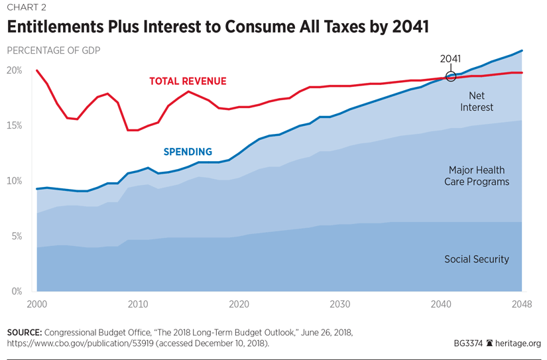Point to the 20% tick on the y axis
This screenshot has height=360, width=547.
click(x=14, y=70)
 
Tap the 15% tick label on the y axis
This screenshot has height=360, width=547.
click(x=14, y=125)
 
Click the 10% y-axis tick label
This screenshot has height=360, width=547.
click(x=14, y=181)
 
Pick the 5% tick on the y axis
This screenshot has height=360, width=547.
click(x=16, y=236)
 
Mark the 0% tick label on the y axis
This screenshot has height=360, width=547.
click(x=16, y=291)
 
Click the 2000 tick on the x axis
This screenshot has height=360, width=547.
click(x=36, y=304)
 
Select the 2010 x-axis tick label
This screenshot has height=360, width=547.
click(x=137, y=304)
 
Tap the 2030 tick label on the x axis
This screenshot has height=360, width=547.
click(x=339, y=304)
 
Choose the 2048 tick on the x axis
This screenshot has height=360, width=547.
click(x=521, y=304)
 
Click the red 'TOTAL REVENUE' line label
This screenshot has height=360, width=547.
click(x=188, y=82)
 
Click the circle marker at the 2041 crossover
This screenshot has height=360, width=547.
click(x=451, y=76)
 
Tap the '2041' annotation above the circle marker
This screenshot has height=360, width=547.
click(x=450, y=58)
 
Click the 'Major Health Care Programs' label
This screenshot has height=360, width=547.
click(x=476, y=176)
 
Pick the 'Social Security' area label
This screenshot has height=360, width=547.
click(x=476, y=259)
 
